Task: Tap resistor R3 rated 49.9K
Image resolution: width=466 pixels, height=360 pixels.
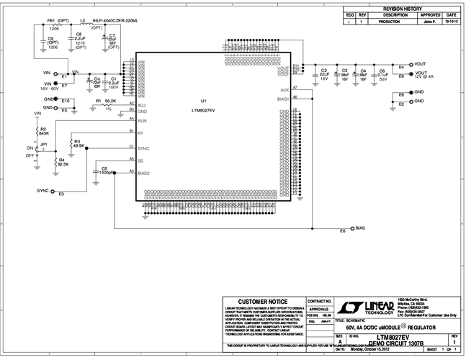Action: pos(70,143)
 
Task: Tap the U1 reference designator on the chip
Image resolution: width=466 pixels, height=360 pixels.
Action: pos(204,101)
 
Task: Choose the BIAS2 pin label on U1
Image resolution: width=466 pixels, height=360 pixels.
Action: pos(143,173)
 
